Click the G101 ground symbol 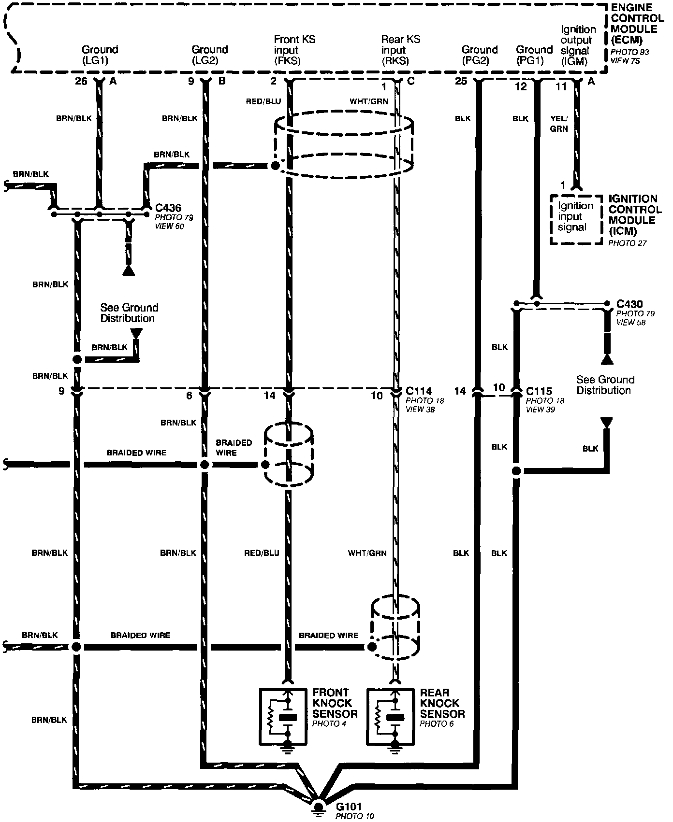coord(319,807)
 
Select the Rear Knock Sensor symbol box coord(391,715)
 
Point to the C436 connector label coord(168,208)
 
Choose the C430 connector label coord(629,304)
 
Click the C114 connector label coord(419,391)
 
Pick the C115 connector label coord(539,391)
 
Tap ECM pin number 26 coord(81,81)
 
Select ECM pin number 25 coord(461,81)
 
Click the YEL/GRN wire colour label coord(559,124)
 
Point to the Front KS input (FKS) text coord(294,50)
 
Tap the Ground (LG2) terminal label coord(209,55)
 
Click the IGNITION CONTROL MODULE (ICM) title coord(634,215)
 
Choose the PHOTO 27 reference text coord(627,243)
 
